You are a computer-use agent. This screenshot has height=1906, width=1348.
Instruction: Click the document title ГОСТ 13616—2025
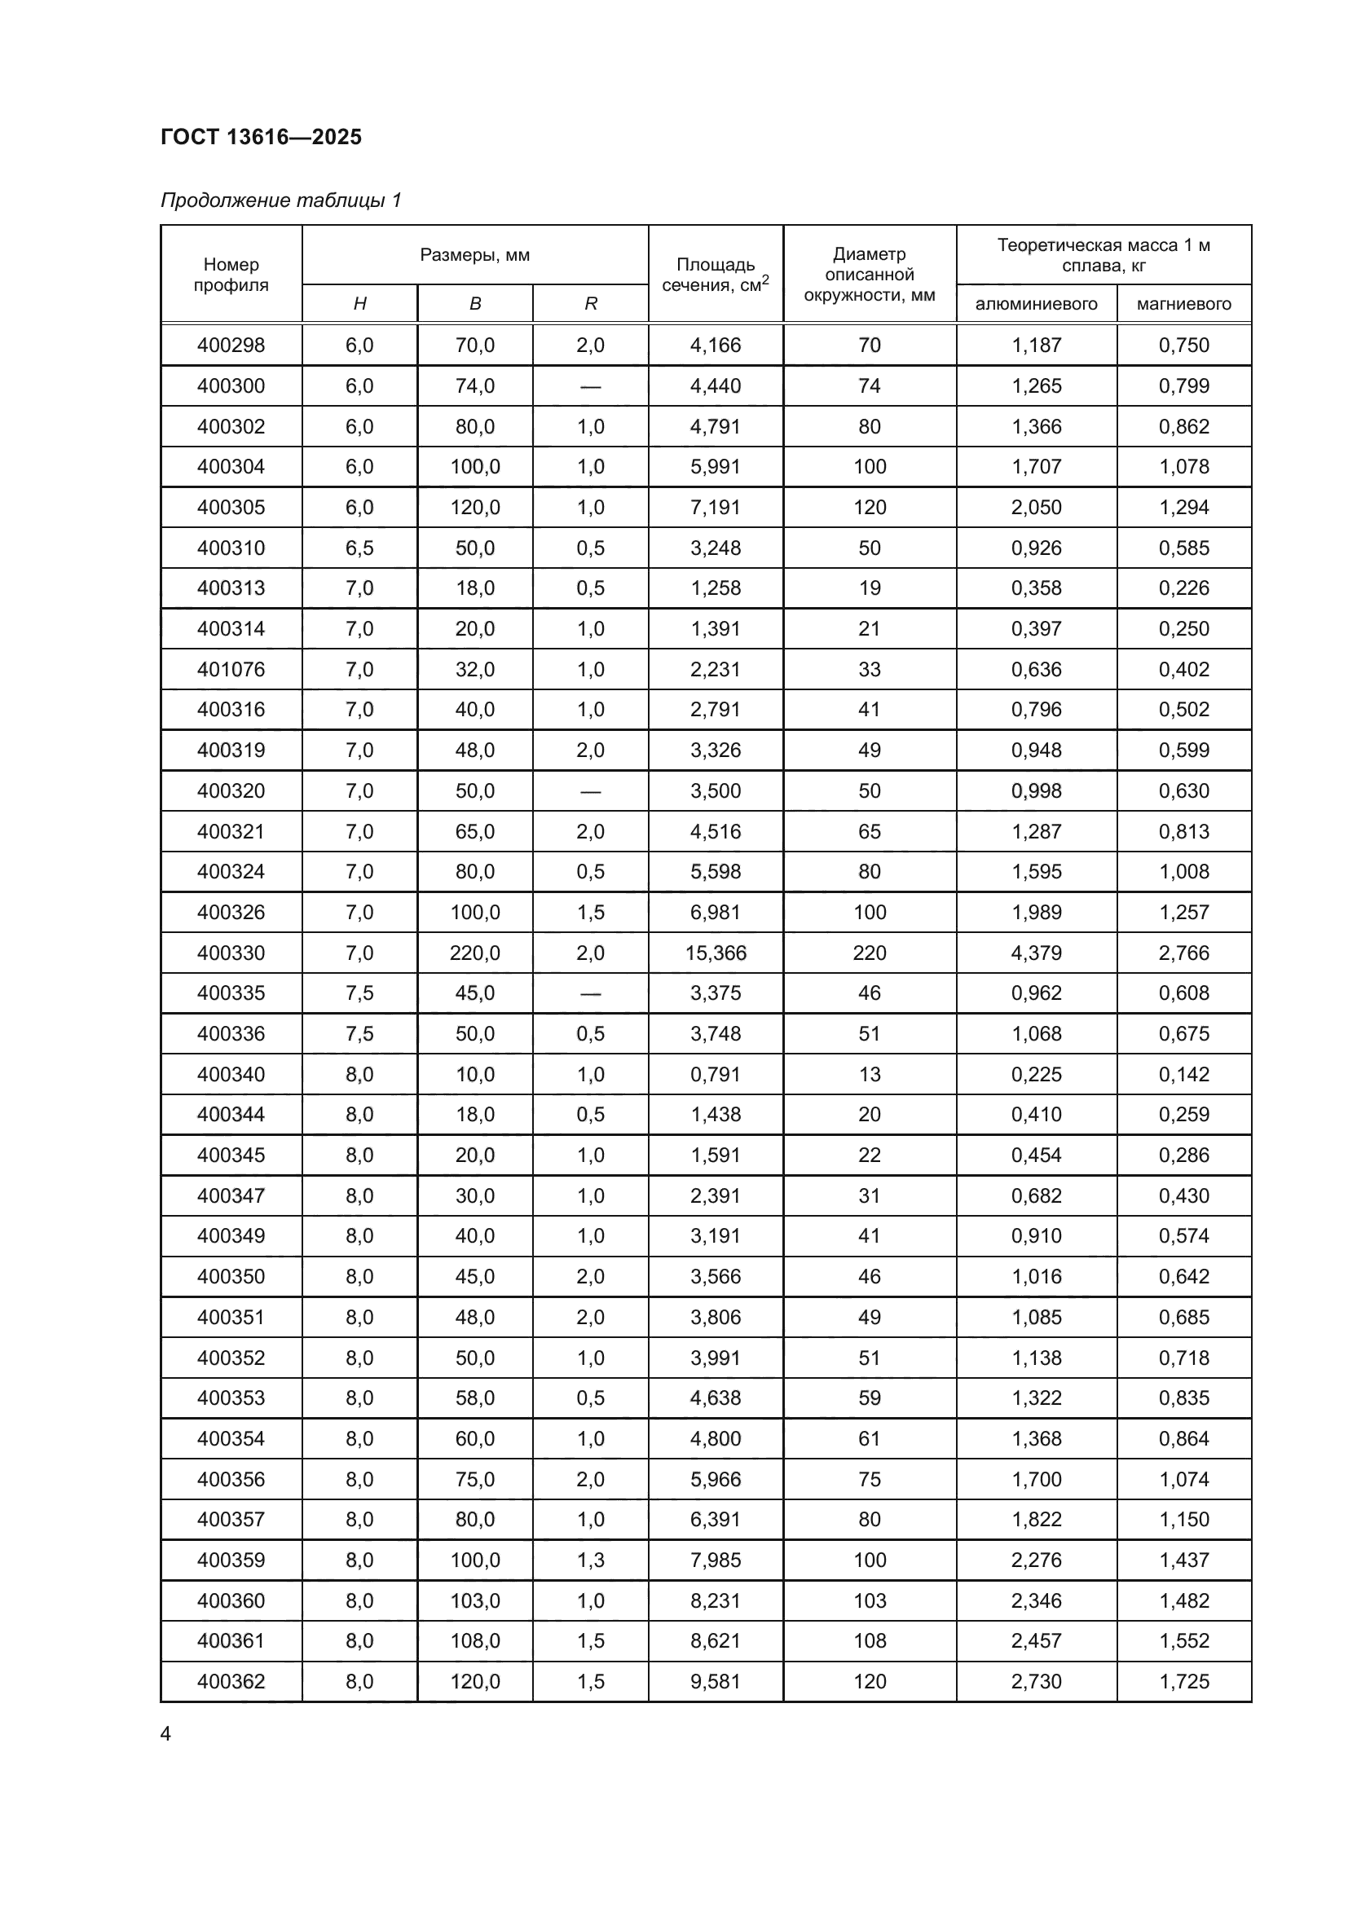[x=262, y=137]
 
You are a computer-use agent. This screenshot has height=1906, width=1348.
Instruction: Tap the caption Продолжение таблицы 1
[x=280, y=200]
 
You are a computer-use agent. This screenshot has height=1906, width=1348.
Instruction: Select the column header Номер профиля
[x=231, y=275]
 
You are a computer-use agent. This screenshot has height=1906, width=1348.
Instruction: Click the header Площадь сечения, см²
[x=716, y=275]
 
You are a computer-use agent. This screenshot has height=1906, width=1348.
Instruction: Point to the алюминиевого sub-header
[x=1036, y=304]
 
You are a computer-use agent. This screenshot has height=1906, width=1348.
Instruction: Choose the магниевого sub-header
[x=1183, y=304]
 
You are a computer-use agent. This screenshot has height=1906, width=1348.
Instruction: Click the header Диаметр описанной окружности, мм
[x=869, y=275]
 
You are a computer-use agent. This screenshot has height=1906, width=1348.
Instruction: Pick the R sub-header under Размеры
[x=590, y=304]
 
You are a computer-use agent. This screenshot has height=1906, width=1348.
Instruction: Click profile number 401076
[x=231, y=669]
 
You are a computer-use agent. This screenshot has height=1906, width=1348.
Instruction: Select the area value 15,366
[x=716, y=953]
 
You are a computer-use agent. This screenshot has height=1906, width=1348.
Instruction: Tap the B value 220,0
[x=475, y=953]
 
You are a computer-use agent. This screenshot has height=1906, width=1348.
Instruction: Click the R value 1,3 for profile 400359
[x=590, y=1560]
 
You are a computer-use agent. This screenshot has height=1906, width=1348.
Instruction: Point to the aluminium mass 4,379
[x=1036, y=953]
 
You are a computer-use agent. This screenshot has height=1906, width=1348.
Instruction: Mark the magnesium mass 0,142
[x=1183, y=1074]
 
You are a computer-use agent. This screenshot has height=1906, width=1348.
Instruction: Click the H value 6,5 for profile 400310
[x=359, y=548]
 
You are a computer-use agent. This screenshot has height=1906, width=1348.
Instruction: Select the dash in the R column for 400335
[x=590, y=993]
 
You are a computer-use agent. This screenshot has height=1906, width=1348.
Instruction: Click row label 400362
[x=231, y=1681]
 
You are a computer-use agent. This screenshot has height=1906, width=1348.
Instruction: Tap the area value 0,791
[x=716, y=1074]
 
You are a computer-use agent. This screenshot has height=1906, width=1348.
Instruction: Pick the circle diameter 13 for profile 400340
[x=869, y=1074]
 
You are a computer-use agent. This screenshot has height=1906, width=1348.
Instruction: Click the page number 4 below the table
[x=166, y=1734]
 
